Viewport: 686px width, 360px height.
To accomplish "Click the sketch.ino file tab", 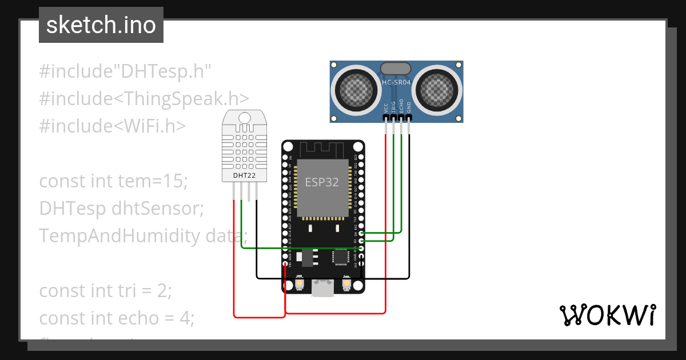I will [x=101, y=25].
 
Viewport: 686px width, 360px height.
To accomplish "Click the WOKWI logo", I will [x=607, y=315].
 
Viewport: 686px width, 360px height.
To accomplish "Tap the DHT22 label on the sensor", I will [x=244, y=175].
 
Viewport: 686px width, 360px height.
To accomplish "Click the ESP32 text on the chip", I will [x=322, y=182].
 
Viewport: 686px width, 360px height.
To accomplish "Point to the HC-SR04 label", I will [x=396, y=83].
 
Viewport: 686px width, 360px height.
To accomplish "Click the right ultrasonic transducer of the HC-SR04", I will [x=437, y=89].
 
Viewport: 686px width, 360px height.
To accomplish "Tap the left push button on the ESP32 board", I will [x=300, y=284].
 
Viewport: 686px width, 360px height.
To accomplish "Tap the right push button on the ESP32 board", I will [x=346, y=284].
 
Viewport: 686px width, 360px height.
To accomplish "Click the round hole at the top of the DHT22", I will [x=245, y=118].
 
